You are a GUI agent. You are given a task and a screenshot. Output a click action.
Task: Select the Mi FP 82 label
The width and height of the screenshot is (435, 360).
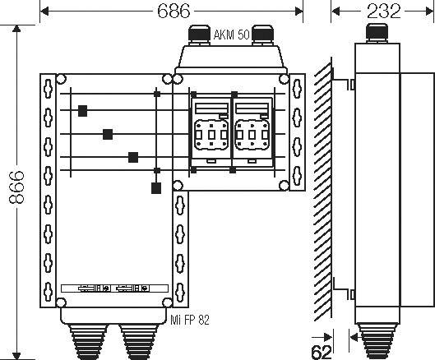pyautogui.click(x=191, y=320)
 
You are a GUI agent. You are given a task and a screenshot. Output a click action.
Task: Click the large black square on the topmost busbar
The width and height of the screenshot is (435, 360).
pyautogui.click(x=82, y=111)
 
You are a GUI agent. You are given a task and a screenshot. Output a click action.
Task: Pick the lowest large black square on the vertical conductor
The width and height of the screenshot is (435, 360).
pyautogui.click(x=156, y=188)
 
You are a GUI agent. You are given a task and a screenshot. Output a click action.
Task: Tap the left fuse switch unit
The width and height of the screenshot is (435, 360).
pyautogui.click(x=212, y=132)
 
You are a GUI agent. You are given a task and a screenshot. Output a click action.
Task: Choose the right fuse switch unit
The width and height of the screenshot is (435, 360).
pyautogui.click(x=253, y=132)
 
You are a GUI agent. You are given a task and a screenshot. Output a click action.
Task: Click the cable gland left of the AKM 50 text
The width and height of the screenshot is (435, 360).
pyautogui.click(x=199, y=35)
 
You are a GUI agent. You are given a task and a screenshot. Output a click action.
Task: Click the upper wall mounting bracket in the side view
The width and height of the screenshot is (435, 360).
pyautogui.click(x=349, y=83)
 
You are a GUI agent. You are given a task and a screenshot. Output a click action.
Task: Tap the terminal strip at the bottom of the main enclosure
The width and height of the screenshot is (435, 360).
pyautogui.click(x=112, y=289)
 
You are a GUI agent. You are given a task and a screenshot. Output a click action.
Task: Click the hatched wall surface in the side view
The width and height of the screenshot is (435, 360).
pyautogui.click(x=323, y=189)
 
